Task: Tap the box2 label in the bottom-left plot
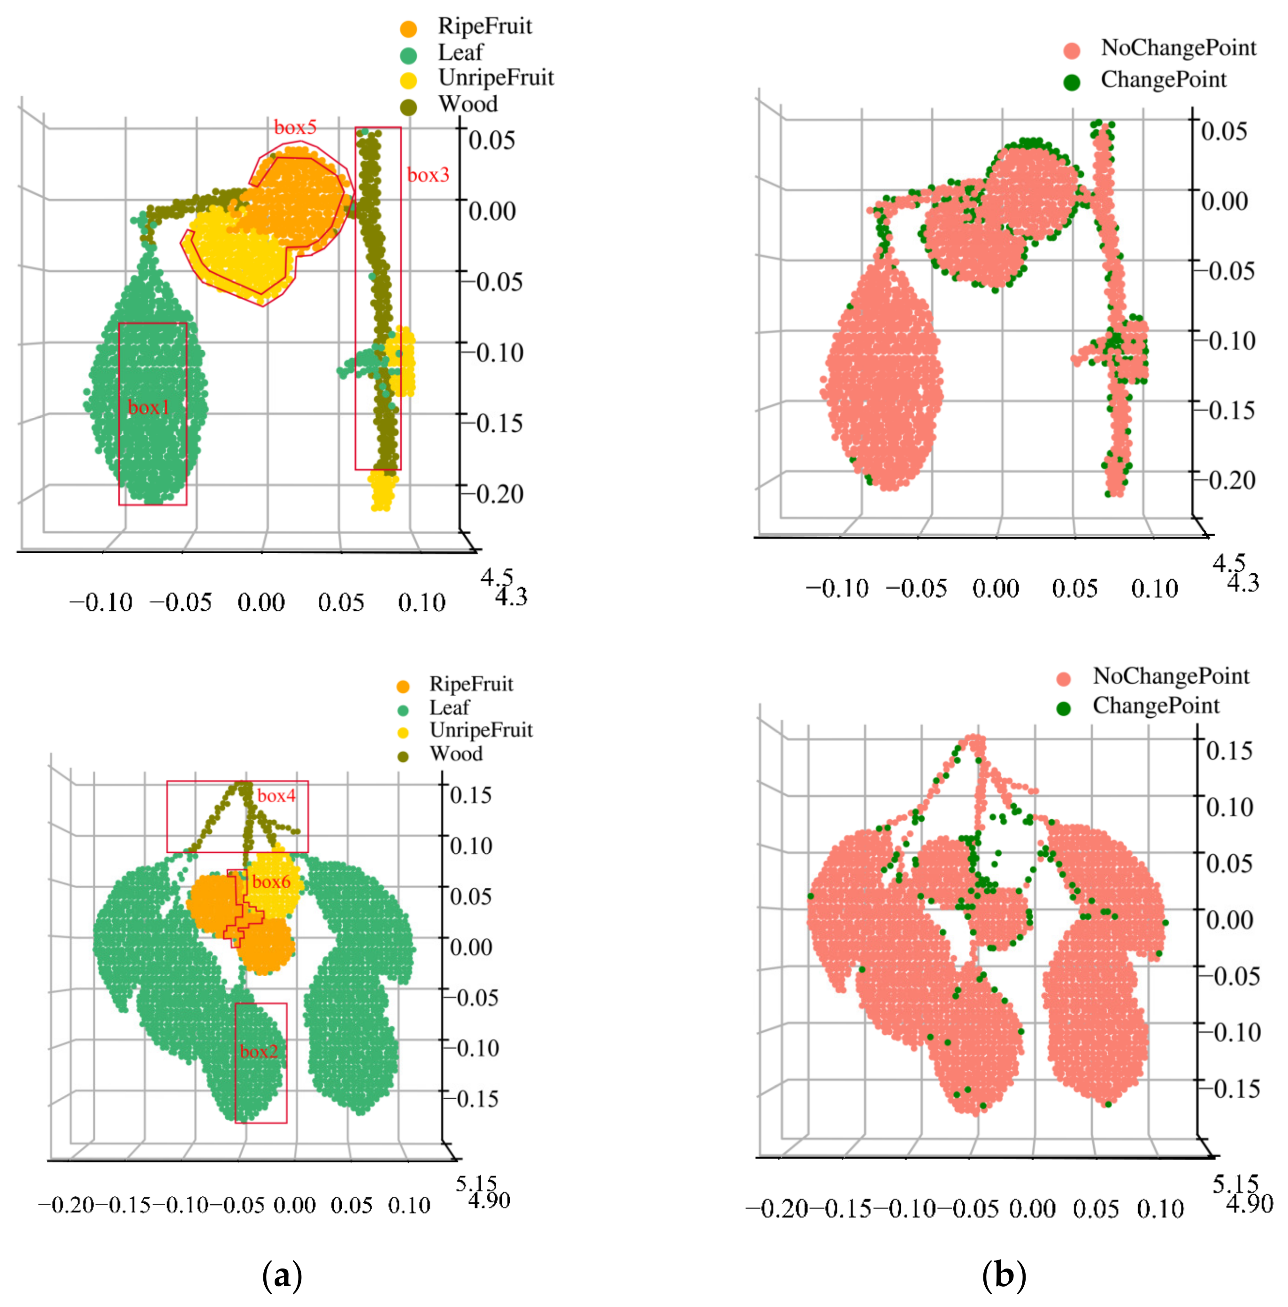coord(259,1051)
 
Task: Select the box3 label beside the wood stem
coord(428,175)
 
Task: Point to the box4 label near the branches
coord(276,796)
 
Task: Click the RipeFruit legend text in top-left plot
coord(484,26)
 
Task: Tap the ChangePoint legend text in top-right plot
coord(1163,80)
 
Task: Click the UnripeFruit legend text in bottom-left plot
coord(481,730)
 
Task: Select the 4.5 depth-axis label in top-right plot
coord(1228,563)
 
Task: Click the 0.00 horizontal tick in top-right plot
coord(995,589)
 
